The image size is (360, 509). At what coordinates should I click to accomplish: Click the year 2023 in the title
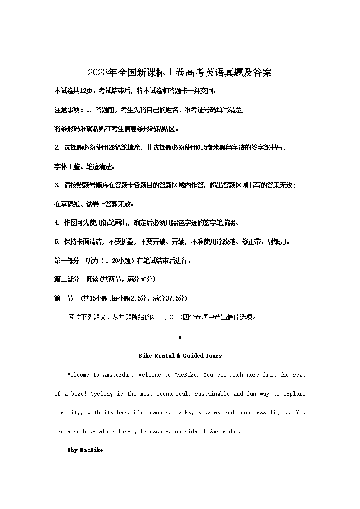tap(96, 73)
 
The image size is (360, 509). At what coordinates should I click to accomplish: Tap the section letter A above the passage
tap(180, 337)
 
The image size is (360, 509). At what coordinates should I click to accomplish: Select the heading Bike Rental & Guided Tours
tap(180, 356)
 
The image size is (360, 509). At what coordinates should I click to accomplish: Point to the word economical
tap(174, 394)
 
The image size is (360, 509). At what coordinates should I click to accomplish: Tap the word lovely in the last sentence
tap(127, 431)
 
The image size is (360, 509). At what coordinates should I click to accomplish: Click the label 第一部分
tap(67, 261)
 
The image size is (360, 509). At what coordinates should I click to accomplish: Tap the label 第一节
tap(63, 298)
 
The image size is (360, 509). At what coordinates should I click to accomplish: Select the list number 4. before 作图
tap(57, 223)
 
